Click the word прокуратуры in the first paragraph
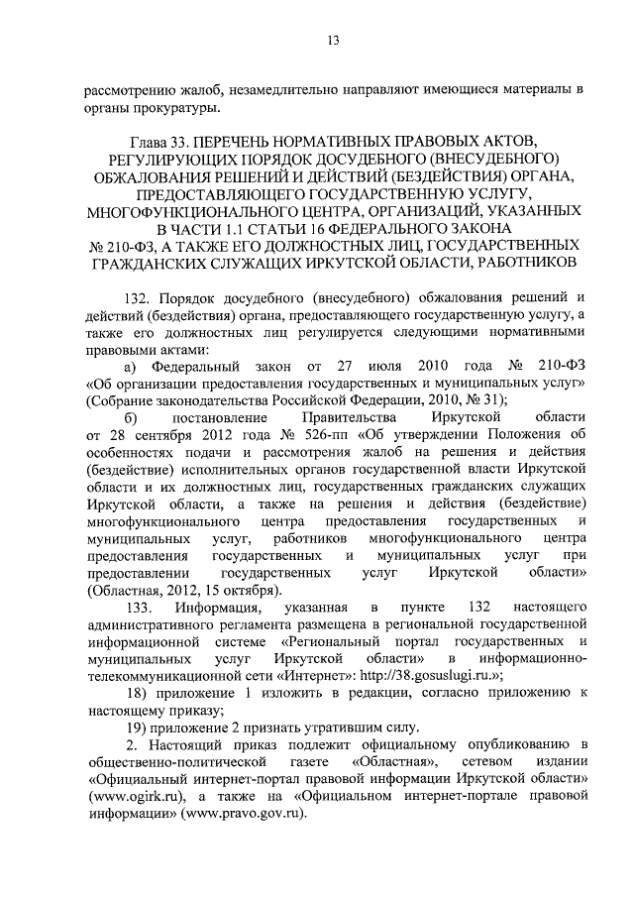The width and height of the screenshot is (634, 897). point(188,108)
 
